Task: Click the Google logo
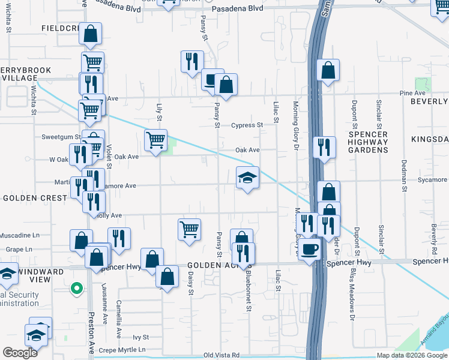[x=20, y=353]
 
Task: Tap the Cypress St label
[x=247, y=125]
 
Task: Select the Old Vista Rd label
[x=221, y=355]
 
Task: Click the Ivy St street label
[x=140, y=338]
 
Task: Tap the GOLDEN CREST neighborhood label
[x=30, y=197]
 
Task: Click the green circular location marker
[x=76, y=289]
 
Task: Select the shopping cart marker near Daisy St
[x=189, y=229]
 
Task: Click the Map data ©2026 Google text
[x=411, y=355]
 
